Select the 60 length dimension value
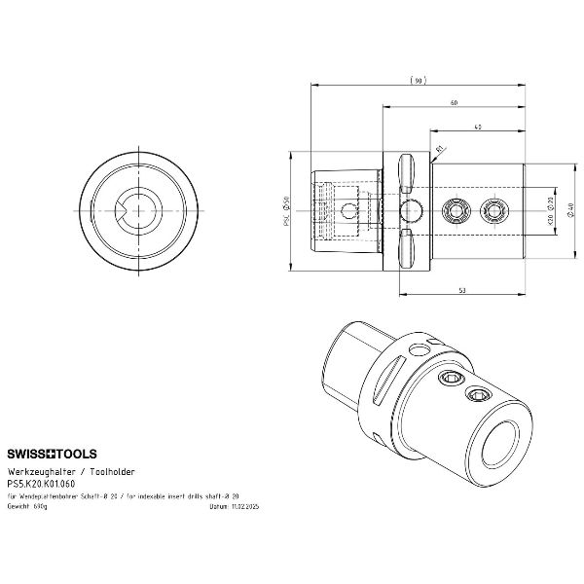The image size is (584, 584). point(454,102)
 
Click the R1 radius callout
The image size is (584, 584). point(440,149)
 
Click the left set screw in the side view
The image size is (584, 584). point(454,209)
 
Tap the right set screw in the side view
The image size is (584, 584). point(494,209)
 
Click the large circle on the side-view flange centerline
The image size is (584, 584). point(410,209)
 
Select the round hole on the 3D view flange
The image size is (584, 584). point(420,348)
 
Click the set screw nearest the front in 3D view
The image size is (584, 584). point(478,392)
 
